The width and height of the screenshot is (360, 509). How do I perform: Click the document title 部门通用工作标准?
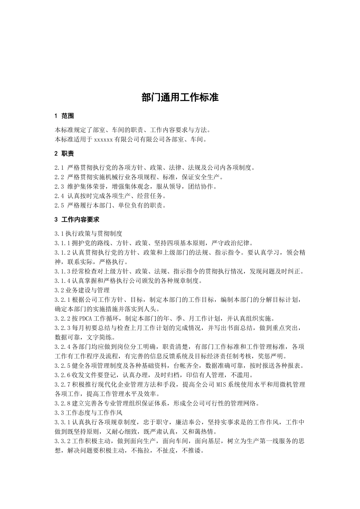tap(180, 97)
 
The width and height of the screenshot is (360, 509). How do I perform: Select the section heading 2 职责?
tap(64, 153)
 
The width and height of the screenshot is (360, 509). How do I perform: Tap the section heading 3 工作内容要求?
tap(77, 219)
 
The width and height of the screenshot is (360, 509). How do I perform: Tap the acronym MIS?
tap(222, 384)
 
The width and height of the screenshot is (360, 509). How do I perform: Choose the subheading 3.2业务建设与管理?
tap(82, 290)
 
